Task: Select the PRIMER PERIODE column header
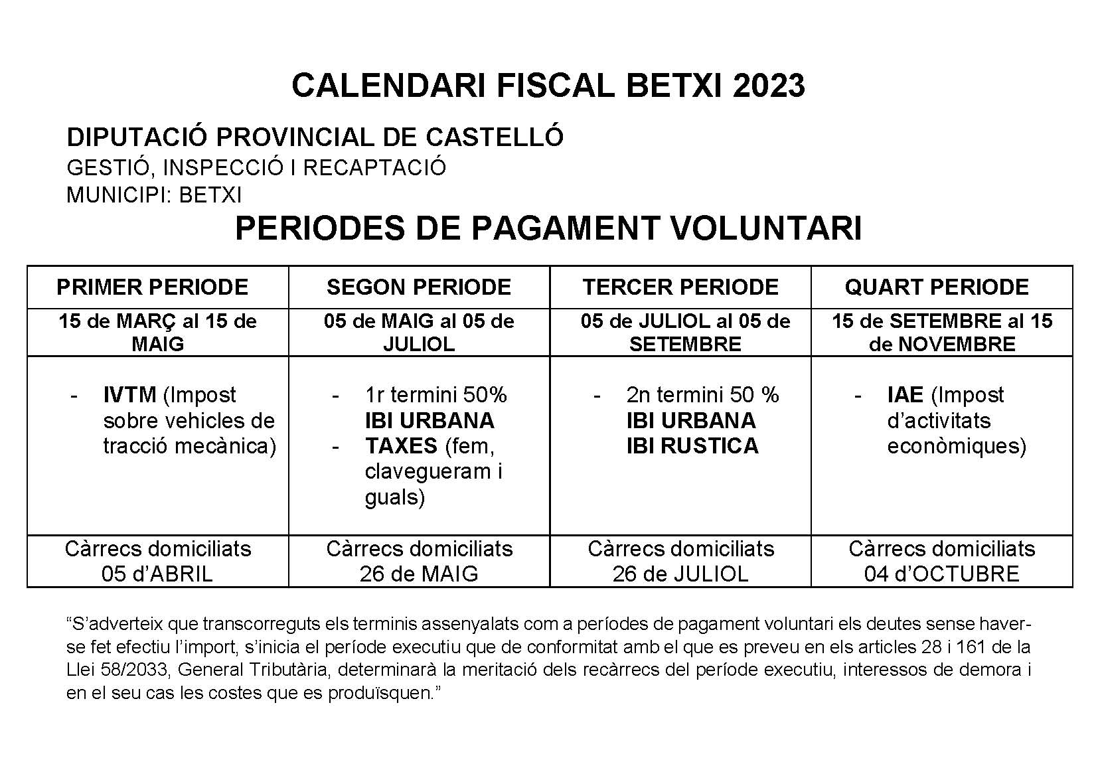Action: click(152, 287)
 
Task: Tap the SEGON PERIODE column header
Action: click(419, 287)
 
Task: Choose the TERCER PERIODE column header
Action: click(680, 287)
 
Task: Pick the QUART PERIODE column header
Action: click(937, 287)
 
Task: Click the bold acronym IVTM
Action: click(129, 395)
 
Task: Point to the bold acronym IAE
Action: click(905, 395)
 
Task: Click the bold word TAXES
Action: click(401, 445)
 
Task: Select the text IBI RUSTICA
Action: click(692, 445)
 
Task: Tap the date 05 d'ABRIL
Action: click(157, 574)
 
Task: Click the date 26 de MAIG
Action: click(419, 574)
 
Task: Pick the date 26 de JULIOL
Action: click(680, 574)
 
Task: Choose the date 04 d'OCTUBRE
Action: click(941, 574)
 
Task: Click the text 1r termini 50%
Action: click(435, 395)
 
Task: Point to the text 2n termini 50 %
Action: click(702, 395)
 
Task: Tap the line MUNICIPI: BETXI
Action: click(154, 195)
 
